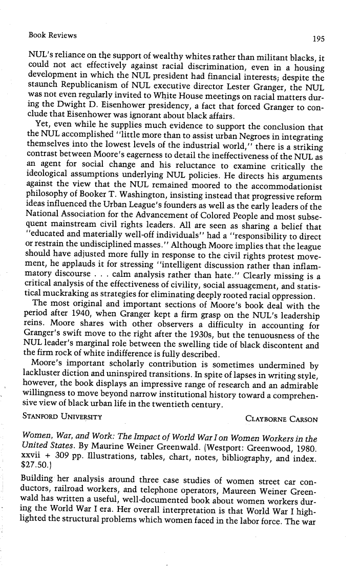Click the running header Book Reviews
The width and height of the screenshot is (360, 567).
pyautogui.click(x=53, y=35)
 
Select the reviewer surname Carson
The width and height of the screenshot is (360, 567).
pyautogui.click(x=303, y=405)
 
